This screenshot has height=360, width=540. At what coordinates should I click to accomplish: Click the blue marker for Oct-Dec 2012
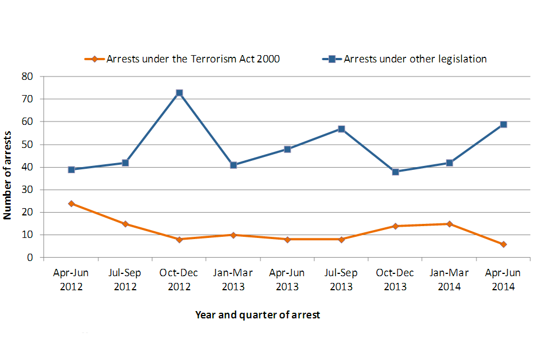[x=179, y=93]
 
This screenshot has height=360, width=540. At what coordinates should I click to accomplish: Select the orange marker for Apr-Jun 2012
[x=71, y=204]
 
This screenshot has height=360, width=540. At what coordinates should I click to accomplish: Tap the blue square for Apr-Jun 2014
[x=503, y=124]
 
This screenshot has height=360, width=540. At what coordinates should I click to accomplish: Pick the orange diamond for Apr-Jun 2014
[x=503, y=244]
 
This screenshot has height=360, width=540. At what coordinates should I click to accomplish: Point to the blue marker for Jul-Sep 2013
[x=341, y=129]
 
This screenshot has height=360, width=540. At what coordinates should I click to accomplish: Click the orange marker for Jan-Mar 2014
[x=449, y=224]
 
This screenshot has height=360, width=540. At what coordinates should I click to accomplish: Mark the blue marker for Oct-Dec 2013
[x=395, y=172]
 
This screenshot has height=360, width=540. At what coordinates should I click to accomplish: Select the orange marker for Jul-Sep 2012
[x=125, y=224]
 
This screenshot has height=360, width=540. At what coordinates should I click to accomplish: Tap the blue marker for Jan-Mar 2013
[x=233, y=165]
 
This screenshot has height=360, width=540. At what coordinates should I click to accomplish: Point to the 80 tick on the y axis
[x=28, y=76]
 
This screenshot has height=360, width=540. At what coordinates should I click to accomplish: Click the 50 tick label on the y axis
[x=28, y=145]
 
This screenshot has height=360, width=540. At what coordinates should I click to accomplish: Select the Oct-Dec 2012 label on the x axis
[x=179, y=280]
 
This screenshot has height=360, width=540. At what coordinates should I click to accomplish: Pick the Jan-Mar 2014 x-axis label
[x=449, y=280]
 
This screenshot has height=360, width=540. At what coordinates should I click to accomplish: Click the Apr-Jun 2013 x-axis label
[x=287, y=280]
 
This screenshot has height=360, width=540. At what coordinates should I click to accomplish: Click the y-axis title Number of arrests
[x=8, y=167]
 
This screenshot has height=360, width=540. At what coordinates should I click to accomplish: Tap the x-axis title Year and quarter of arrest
[x=258, y=315]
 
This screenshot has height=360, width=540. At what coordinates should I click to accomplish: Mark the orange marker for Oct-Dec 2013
[x=395, y=226]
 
